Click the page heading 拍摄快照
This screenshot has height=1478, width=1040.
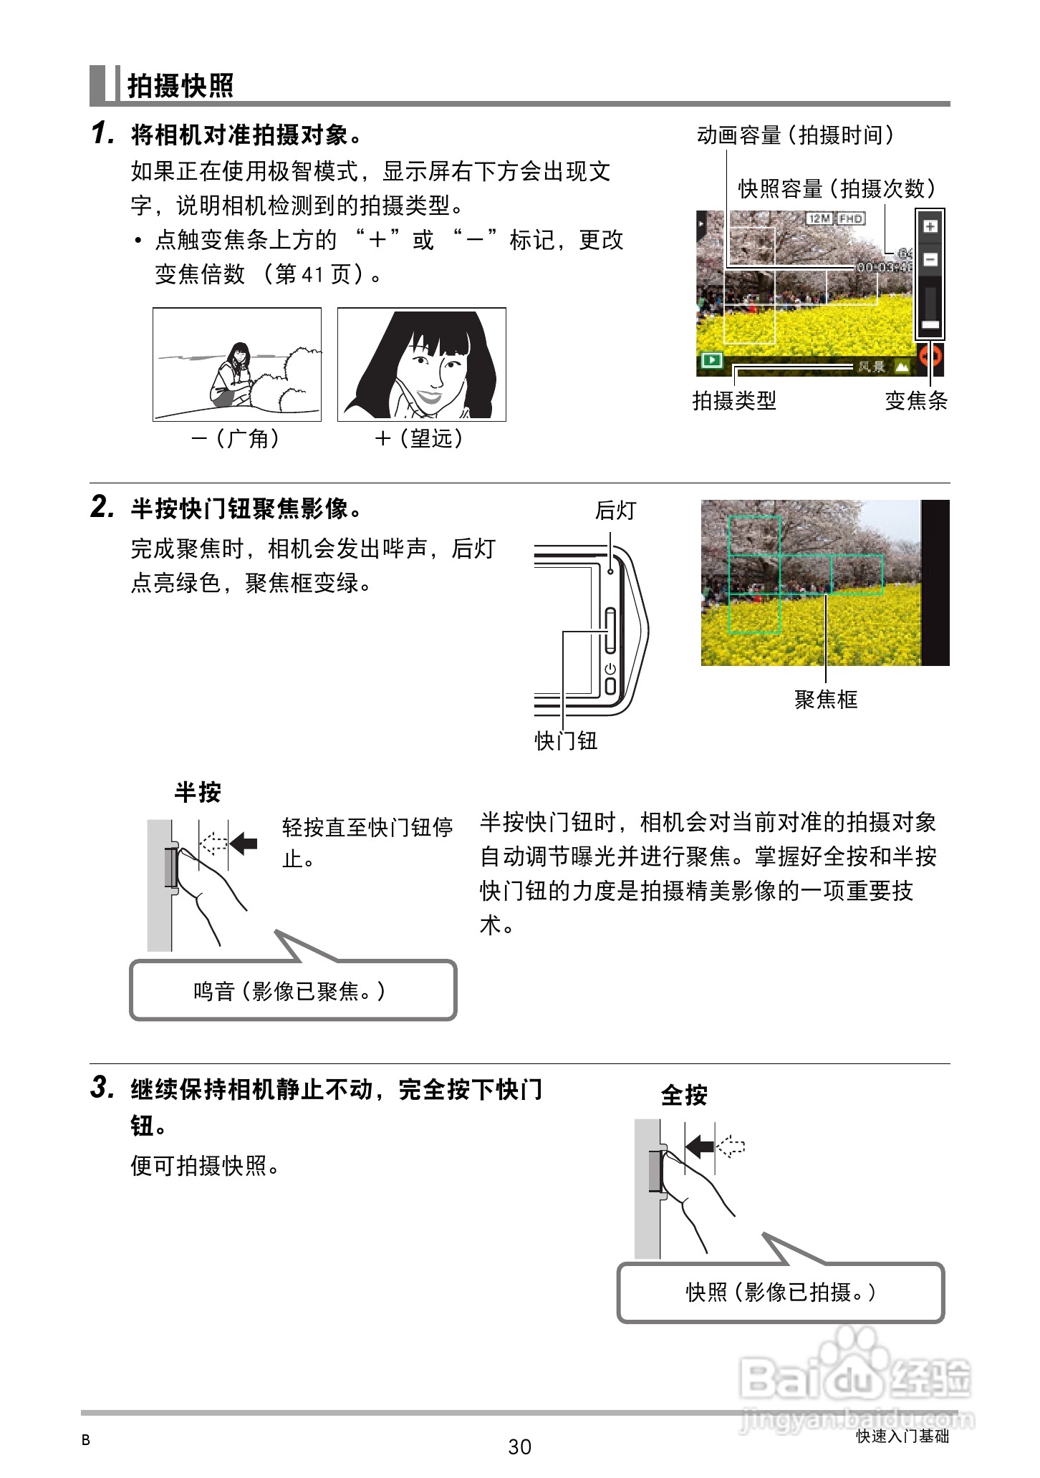[x=180, y=85]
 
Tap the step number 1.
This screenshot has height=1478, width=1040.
[x=102, y=133]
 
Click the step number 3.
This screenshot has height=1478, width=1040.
[x=102, y=1087]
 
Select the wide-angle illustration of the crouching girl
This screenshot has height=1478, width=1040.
[x=236, y=364]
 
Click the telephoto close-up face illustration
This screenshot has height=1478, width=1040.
[x=421, y=364]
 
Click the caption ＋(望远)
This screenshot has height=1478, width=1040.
[x=420, y=438]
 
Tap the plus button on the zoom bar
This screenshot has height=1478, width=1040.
[x=930, y=227]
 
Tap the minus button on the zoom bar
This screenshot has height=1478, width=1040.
[x=930, y=259]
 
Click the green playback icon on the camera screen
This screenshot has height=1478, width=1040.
[x=711, y=360]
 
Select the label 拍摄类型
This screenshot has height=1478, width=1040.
[x=734, y=401]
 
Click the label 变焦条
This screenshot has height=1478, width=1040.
[x=916, y=401]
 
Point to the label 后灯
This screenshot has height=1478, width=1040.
[x=615, y=511]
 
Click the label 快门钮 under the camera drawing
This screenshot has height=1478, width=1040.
[x=566, y=740]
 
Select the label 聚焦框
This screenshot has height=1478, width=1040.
[x=825, y=699]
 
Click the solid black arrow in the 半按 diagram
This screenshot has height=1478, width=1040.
[x=244, y=843]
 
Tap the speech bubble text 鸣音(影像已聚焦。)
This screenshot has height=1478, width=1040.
[x=290, y=991]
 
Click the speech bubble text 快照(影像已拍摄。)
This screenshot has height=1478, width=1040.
[x=781, y=1292]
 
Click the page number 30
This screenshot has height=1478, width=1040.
[x=519, y=1447]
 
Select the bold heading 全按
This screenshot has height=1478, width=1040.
[x=684, y=1095]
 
